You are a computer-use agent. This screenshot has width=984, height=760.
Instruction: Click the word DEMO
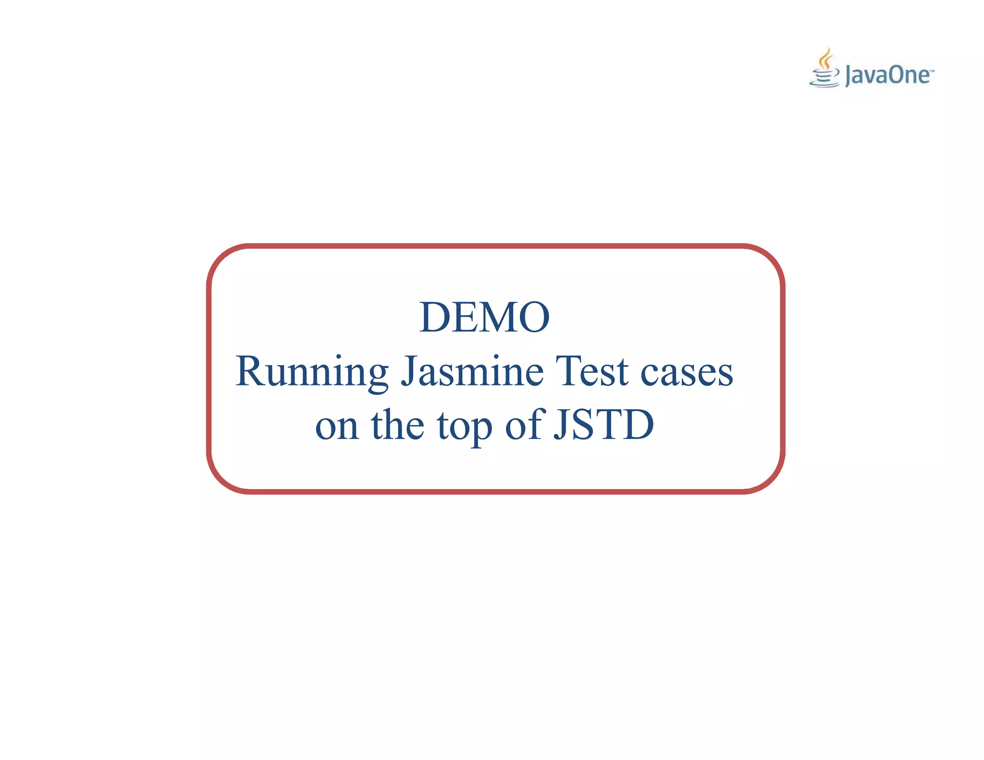click(x=484, y=317)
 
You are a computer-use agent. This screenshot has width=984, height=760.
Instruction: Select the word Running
click(x=312, y=373)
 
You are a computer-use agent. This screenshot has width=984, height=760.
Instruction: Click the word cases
click(x=687, y=373)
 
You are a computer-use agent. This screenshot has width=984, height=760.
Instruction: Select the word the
click(x=398, y=425)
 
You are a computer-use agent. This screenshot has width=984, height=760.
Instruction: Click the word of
click(x=525, y=425)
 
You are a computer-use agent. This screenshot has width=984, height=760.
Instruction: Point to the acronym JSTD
click(x=604, y=425)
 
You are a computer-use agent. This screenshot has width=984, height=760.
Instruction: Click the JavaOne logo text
click(x=887, y=76)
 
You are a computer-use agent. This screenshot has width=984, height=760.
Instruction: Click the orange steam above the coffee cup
click(x=825, y=58)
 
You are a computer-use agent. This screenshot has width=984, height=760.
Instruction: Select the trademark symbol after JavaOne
click(x=932, y=71)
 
